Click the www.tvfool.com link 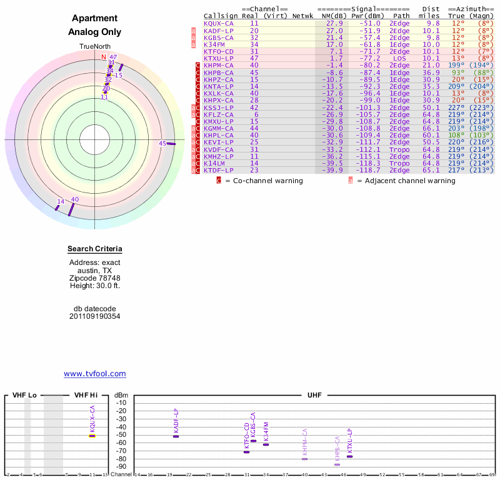pos(94,374)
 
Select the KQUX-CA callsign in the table pos(219,23)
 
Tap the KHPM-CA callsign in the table pos(219,65)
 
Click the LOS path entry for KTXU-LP pos(400,58)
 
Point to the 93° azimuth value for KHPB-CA pos(457,72)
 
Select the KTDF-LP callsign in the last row pos(219,170)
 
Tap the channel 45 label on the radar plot pos(162,144)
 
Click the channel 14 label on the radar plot pos(61,201)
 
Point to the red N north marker pos(104,57)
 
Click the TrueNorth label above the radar pos(94,47)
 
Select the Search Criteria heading pos(94,249)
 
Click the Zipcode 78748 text pos(94,278)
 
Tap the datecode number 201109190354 pos(94,316)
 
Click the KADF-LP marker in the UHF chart pos(176,436)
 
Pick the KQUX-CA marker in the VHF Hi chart pos(92,436)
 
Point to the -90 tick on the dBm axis pos(121,467)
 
